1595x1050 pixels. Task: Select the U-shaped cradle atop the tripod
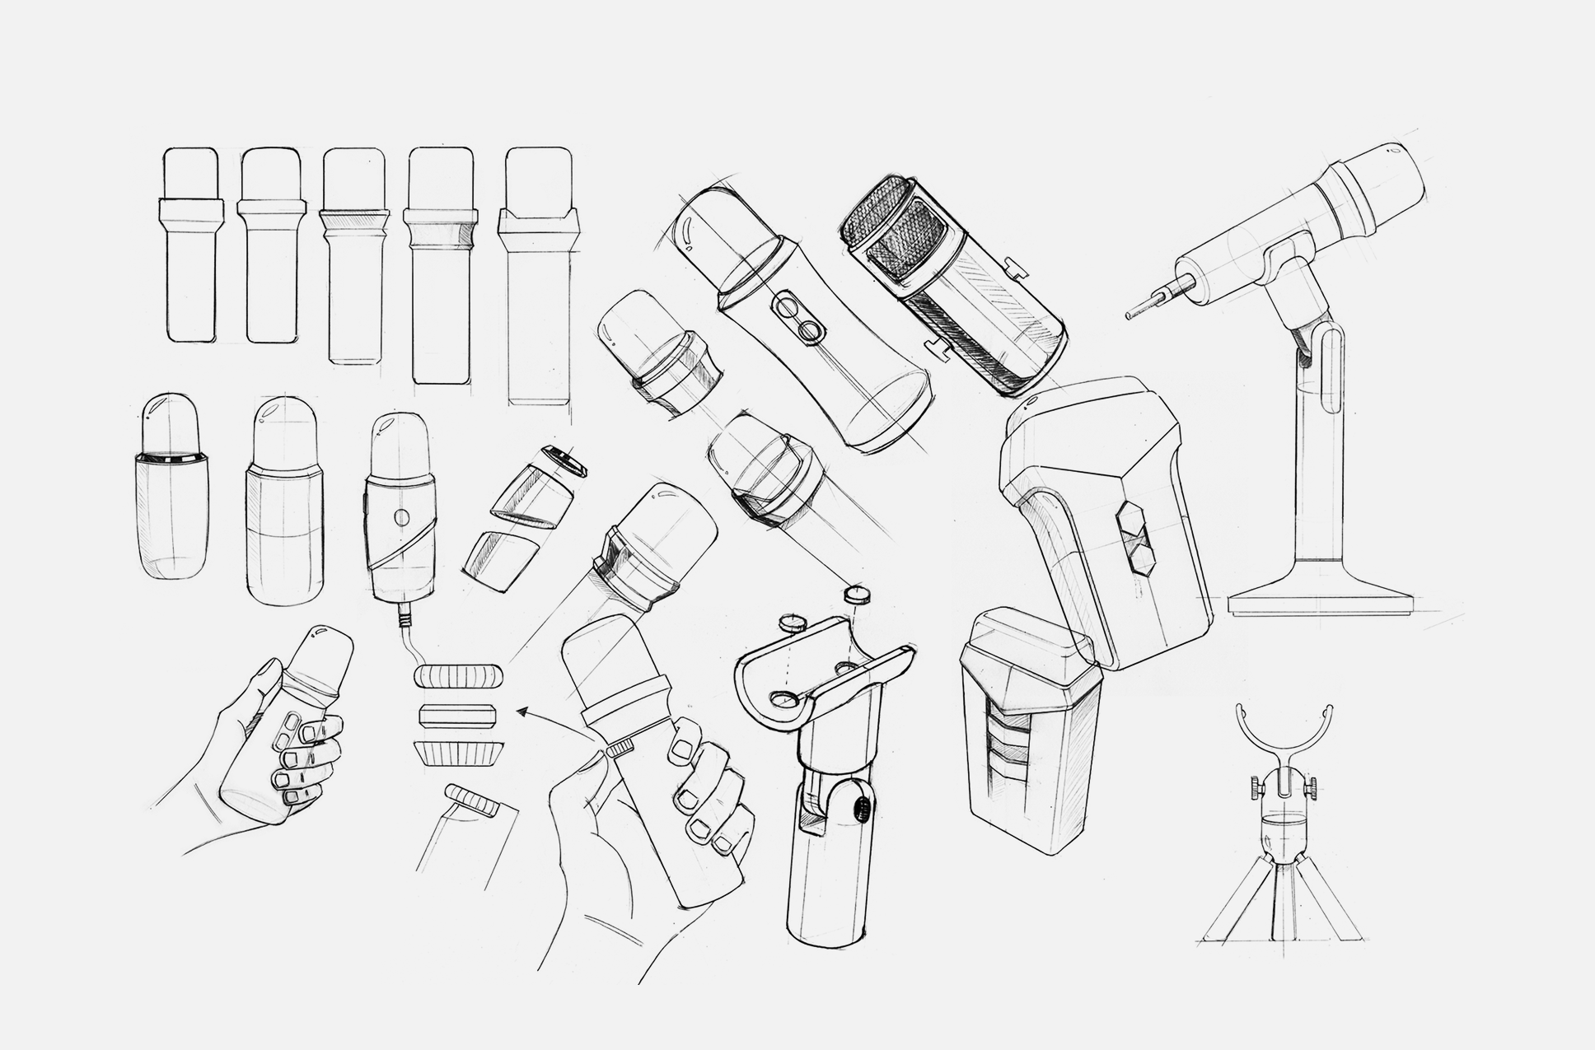click(1286, 725)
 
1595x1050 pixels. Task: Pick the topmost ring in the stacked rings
click(458, 676)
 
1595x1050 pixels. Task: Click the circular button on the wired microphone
click(401, 518)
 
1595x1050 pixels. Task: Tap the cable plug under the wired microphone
click(405, 616)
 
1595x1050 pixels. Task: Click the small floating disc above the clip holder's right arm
click(857, 595)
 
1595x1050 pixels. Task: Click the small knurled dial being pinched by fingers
click(619, 748)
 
